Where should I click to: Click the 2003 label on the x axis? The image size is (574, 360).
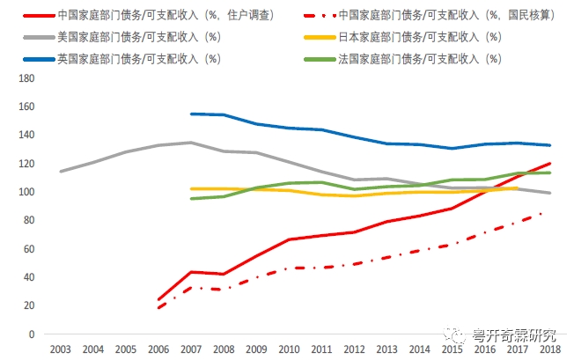click(61, 349)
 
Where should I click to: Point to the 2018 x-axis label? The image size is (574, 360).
click(551, 349)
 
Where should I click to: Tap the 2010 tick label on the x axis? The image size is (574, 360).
click(289, 349)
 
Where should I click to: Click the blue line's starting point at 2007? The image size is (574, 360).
click(191, 114)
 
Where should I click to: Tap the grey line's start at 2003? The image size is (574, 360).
click(61, 172)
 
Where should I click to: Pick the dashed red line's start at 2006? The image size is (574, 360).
click(158, 308)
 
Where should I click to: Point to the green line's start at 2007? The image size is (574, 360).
click(191, 199)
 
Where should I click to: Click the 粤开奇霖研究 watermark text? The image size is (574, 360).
click(514, 334)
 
